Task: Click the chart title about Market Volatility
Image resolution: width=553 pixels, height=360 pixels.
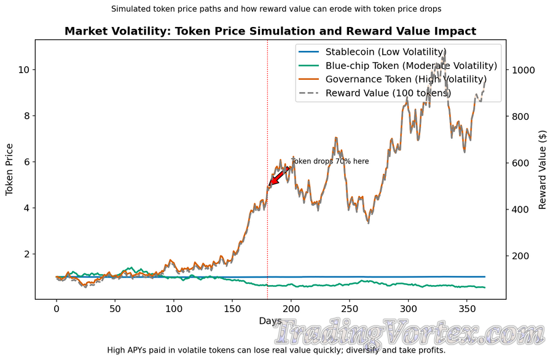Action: click(270, 31)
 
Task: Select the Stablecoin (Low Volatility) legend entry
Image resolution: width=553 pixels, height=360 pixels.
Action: click(386, 52)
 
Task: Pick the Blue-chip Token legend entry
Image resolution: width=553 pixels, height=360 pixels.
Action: click(411, 66)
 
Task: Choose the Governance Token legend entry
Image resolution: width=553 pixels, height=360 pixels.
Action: click(406, 79)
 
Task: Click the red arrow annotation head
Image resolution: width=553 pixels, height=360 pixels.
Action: click(272, 182)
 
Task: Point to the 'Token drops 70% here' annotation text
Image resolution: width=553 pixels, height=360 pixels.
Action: click(330, 162)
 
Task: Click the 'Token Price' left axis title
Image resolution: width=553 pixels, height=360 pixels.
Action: click(10, 170)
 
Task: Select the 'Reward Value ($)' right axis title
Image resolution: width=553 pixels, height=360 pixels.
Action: click(542, 170)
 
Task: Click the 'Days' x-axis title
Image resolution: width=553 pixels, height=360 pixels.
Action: click(270, 321)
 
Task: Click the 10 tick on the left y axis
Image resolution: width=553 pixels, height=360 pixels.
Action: click(23, 70)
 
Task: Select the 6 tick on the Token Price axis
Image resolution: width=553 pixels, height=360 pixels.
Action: click(26, 162)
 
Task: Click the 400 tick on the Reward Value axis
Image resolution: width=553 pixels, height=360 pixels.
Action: click(520, 209)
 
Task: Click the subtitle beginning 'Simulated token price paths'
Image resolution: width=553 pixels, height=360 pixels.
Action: click(276, 9)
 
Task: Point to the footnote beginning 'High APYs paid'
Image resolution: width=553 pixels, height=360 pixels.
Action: click(276, 350)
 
